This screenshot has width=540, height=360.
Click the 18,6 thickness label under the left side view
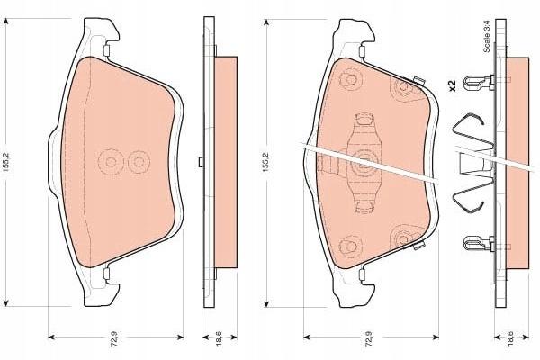tap(220, 337)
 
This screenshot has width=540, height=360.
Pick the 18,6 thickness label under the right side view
tap(511, 337)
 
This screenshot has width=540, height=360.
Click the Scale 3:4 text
tap(487, 36)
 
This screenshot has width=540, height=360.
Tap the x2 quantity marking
tap(452, 85)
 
